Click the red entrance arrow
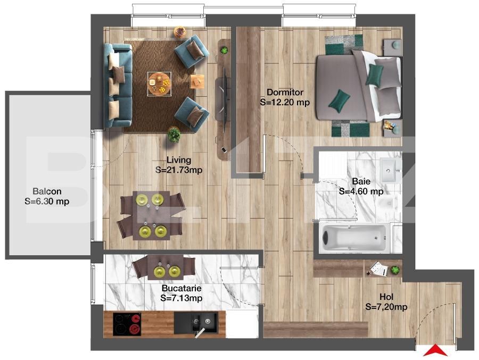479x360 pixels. tap(435, 351)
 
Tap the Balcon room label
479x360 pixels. tap(47, 191)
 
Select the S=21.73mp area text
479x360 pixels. tap(179, 170)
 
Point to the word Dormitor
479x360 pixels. tap(285, 92)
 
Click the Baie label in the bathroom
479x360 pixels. tap(361, 181)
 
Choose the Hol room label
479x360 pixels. tap(386, 297)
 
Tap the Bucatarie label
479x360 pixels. tap(181, 288)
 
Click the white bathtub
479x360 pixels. tap(354, 238)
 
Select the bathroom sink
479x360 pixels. tap(391, 170)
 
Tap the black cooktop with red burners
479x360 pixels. tap(127, 324)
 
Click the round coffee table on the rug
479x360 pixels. tap(159, 83)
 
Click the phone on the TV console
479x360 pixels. tap(224, 149)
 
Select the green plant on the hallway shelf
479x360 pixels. tap(395, 270)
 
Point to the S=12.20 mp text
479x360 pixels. tap(285, 102)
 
